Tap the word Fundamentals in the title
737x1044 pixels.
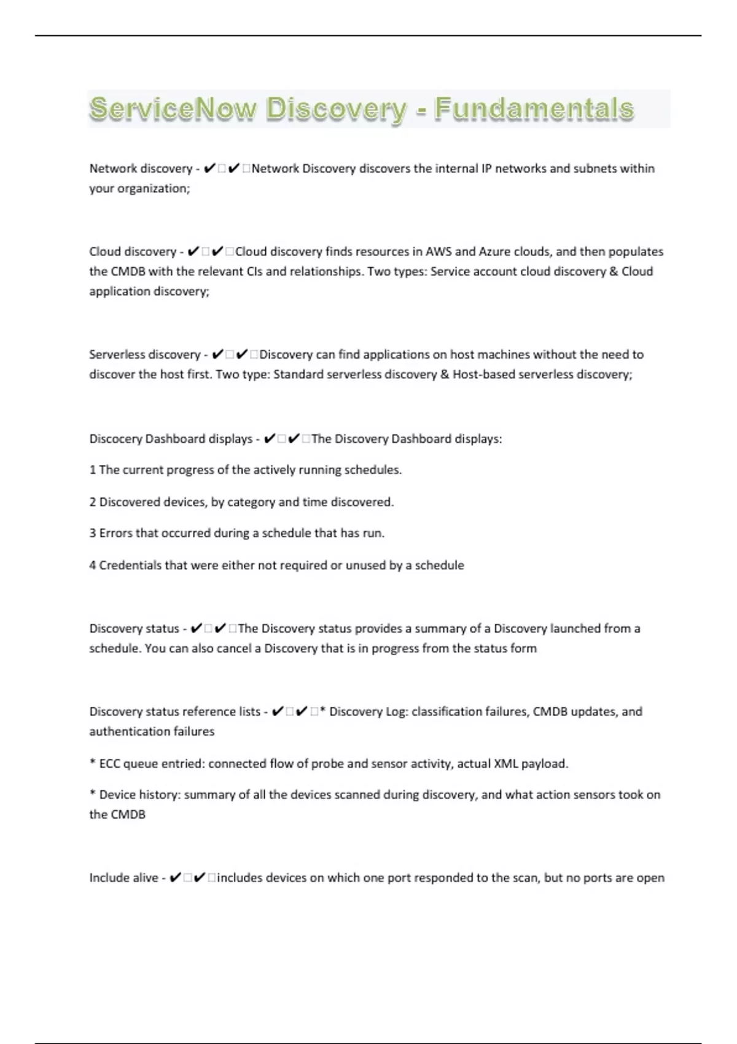(x=534, y=109)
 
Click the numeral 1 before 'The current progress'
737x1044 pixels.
(x=93, y=470)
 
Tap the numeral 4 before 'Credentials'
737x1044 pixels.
(x=93, y=565)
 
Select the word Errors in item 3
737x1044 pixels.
(x=116, y=533)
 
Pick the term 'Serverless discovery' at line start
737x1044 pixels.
(x=144, y=354)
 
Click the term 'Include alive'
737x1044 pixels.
(x=123, y=878)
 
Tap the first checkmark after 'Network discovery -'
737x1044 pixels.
(x=209, y=168)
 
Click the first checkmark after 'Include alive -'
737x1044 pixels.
(x=175, y=878)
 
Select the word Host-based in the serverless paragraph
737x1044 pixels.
(x=483, y=374)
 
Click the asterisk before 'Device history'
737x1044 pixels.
(x=93, y=793)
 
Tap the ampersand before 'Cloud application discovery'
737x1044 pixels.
(x=614, y=271)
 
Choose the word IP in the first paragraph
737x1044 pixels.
(x=486, y=168)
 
